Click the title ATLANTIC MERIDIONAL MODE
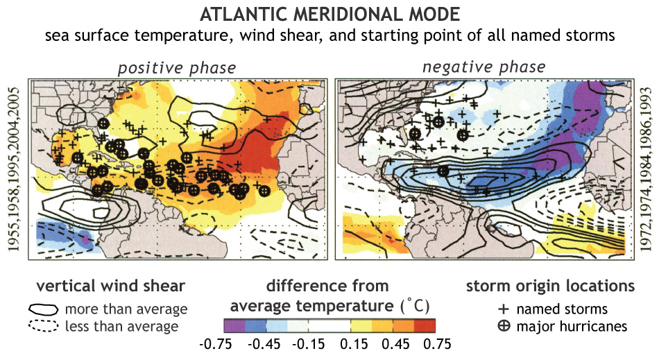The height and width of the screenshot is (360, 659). [329, 15]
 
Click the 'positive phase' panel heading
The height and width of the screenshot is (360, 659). [176, 68]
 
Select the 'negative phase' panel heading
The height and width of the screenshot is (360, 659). [483, 67]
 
